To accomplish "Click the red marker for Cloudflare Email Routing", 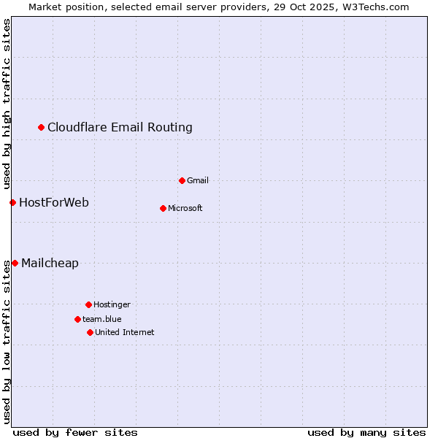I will (42, 128).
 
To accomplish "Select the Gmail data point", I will (182, 180).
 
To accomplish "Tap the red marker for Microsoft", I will (163, 208).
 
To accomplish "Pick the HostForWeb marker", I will (12, 202).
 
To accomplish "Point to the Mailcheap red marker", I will (15, 263).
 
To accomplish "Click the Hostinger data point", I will (88, 304).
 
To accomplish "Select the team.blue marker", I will (77, 319).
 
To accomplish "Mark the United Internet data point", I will (90, 332).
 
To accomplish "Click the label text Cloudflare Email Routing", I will (120, 128).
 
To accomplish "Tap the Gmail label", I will (198, 180).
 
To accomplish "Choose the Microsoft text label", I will (185, 208).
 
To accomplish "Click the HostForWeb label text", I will (54, 202).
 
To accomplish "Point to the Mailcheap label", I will (50, 264).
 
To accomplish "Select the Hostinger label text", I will (112, 304).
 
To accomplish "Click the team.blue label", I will (102, 319).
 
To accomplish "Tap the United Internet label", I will (124, 332).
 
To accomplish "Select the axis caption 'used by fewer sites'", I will (75, 432).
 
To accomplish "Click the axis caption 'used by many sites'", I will (366, 432).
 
